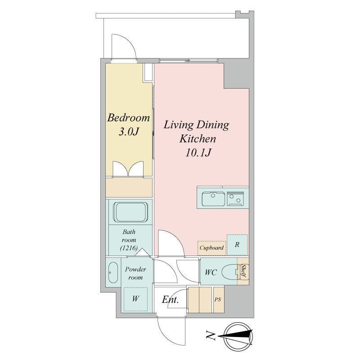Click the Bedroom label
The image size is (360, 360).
point(128,118)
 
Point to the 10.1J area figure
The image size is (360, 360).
point(198,153)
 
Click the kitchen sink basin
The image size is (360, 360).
point(213,198)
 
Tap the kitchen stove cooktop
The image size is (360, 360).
point(237,198)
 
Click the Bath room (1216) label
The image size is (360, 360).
point(129,240)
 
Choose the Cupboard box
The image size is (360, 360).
point(211,247)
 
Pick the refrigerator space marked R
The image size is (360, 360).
point(237,245)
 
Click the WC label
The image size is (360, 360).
point(211,273)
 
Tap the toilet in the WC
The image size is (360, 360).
point(230,272)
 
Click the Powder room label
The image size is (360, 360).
point(135,273)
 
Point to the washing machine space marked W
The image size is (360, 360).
point(135,298)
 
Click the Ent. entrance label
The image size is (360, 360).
point(171,300)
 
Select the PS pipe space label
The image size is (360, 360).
point(218,299)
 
